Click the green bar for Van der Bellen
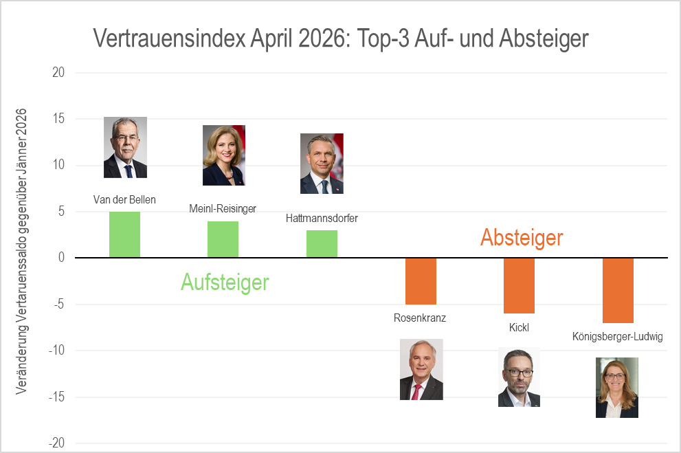point(124,234)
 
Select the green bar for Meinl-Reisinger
point(223,239)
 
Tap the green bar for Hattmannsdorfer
point(322,244)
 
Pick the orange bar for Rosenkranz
point(421,281)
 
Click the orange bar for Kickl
point(519,285)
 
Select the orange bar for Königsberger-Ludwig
point(618,290)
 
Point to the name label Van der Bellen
point(124,200)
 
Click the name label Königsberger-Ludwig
point(617,337)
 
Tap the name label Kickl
point(519,327)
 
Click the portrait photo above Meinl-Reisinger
point(223,155)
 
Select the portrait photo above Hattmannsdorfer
point(322,164)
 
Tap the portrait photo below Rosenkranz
point(421,369)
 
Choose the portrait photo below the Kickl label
point(519,377)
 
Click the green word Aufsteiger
point(225,282)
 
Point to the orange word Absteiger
point(522,238)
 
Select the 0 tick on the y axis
point(60,258)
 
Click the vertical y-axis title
point(22,250)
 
